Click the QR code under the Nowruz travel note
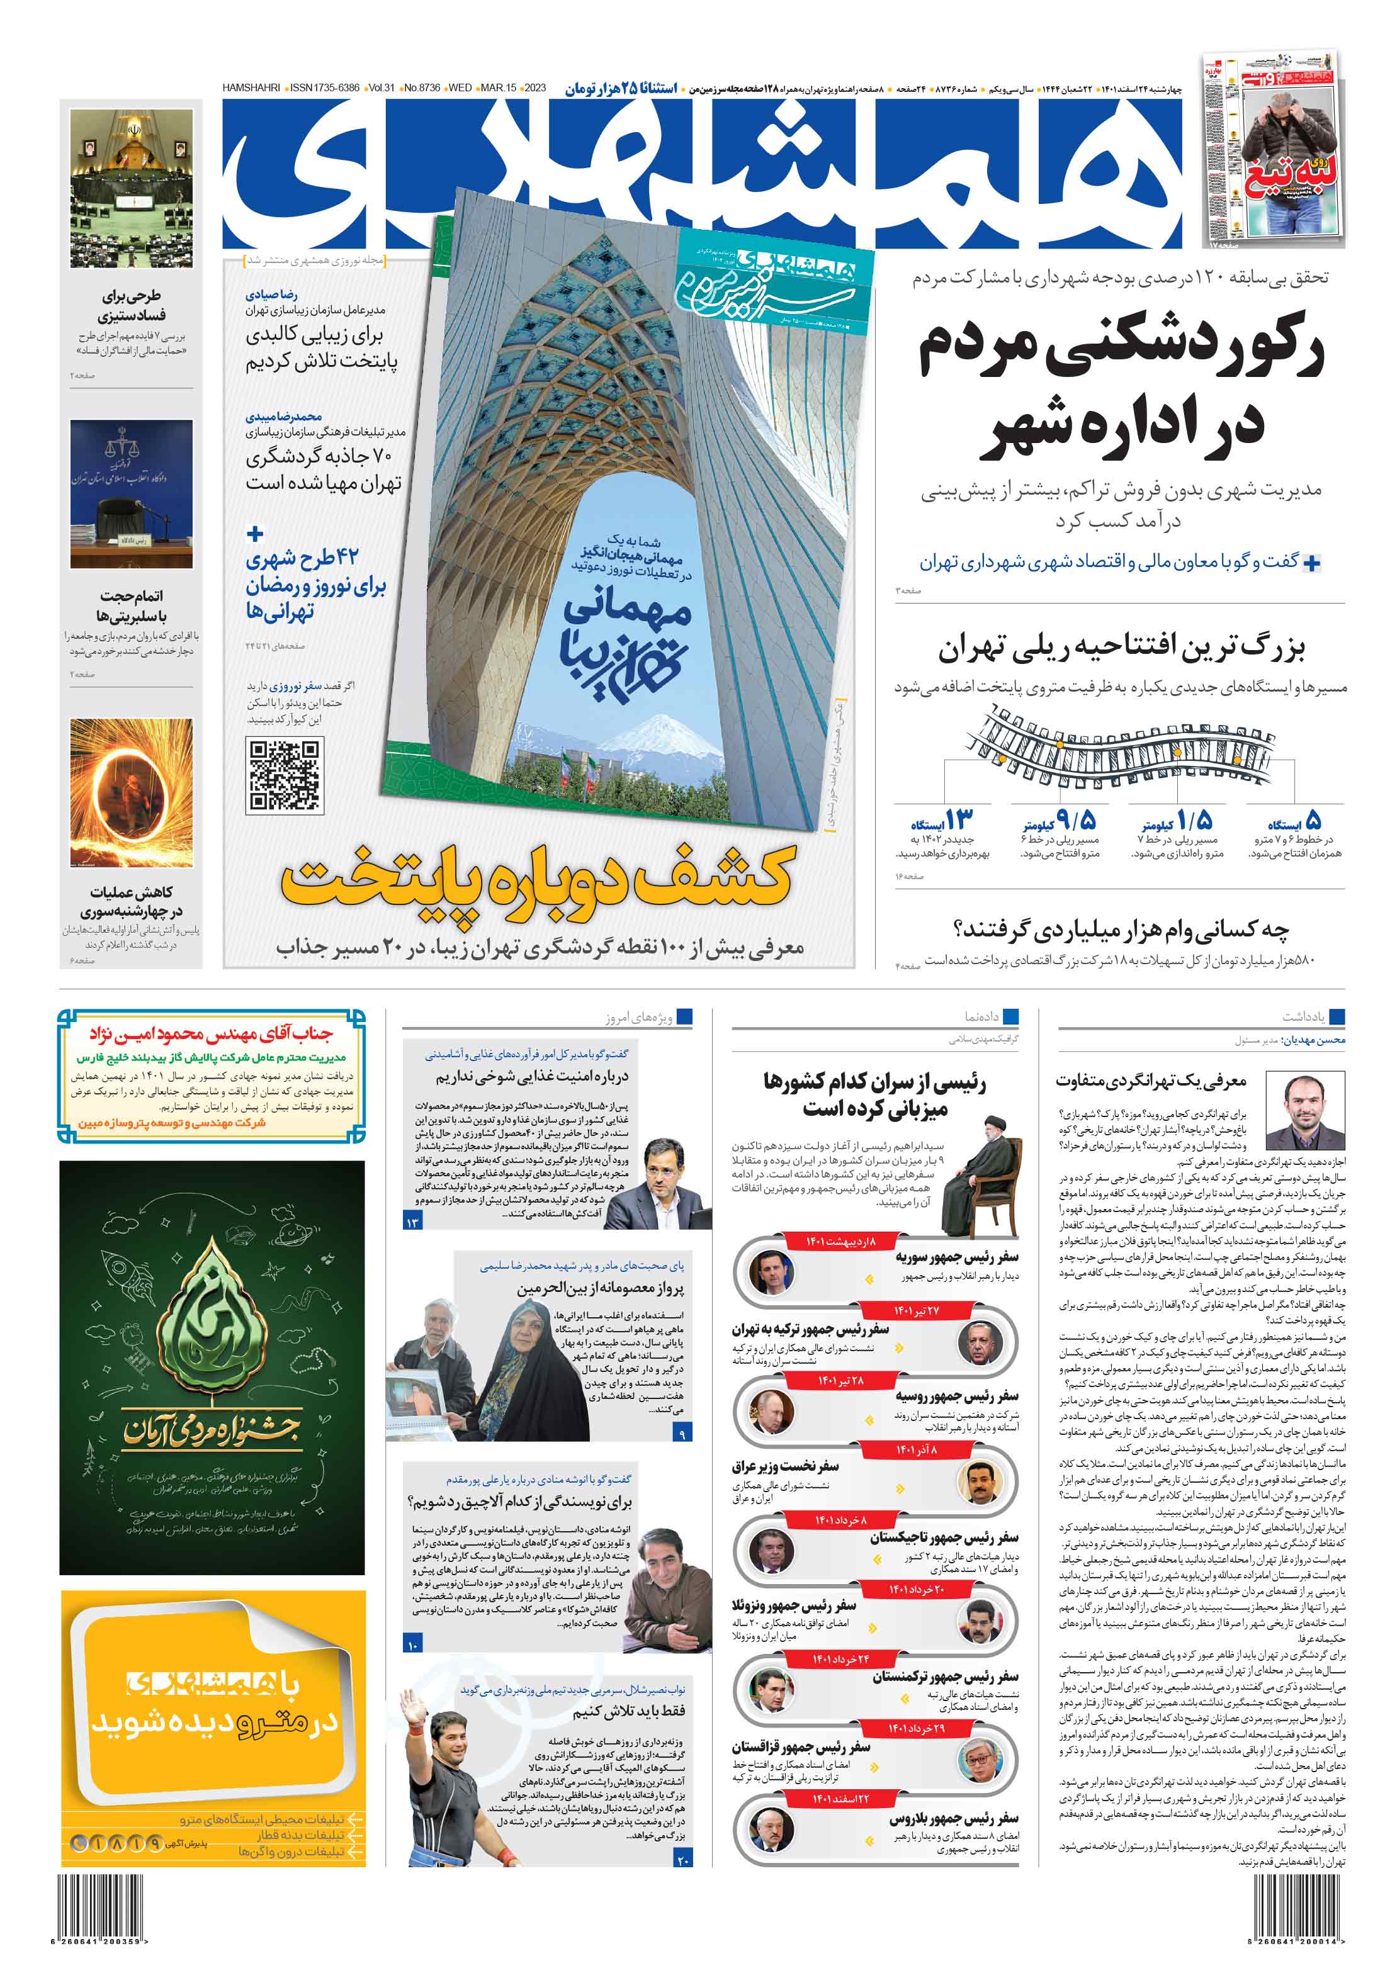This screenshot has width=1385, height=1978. point(285,775)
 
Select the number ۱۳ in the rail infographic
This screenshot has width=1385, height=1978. point(958,818)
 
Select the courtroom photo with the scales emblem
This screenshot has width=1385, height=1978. point(132,493)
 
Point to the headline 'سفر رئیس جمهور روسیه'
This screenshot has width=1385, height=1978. point(957,1396)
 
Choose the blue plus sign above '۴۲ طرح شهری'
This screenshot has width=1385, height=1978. point(255,534)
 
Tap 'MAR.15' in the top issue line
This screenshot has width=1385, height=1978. point(498,88)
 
